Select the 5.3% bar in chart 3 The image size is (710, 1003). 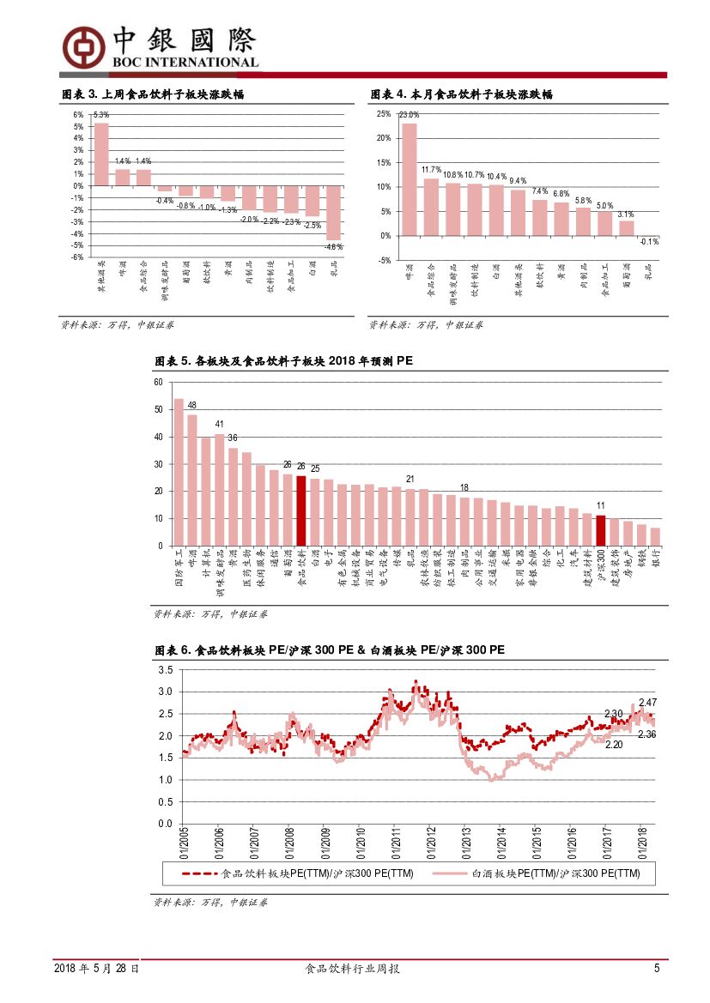[x=101, y=154]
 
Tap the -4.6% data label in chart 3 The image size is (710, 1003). [x=333, y=246]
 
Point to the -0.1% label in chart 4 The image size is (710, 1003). [x=650, y=242]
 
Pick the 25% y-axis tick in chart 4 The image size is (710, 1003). [x=384, y=114]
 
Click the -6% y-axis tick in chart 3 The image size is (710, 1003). [x=77, y=257]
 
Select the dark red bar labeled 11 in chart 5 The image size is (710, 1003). [x=601, y=530]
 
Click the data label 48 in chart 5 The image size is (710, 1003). [x=192, y=406]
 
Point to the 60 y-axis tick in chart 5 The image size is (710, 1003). [x=158, y=382]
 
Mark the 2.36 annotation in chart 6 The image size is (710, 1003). [x=648, y=734]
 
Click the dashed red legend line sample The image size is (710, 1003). [x=200, y=874]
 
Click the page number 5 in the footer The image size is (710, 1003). [x=657, y=969]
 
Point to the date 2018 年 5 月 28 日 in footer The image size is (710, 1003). [x=96, y=969]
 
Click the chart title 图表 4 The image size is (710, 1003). [x=460, y=94]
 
